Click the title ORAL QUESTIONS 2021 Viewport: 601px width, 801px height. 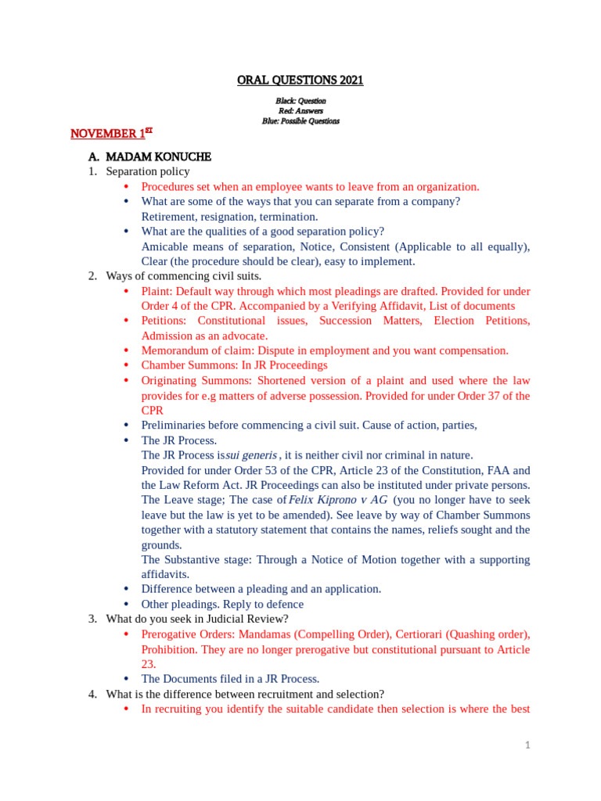[300, 81]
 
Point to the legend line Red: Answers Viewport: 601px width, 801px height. [300, 111]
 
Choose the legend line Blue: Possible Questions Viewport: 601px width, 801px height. [300, 121]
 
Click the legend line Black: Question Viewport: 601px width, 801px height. [300, 101]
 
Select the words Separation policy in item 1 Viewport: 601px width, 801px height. [148, 171]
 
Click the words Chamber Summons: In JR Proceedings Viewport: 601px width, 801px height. [234, 365]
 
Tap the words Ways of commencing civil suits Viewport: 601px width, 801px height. [184, 276]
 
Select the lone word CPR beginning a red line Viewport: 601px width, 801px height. [152, 410]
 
